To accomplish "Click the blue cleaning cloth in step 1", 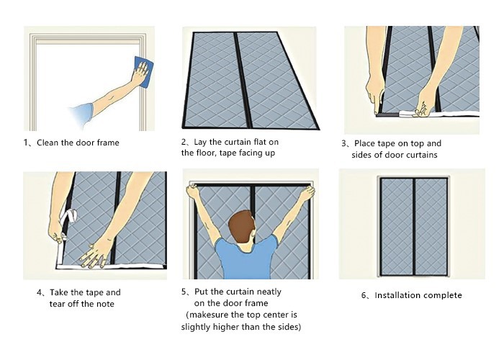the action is (x=143, y=72).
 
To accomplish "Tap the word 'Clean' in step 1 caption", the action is (x=48, y=143).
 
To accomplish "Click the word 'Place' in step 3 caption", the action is (x=365, y=143).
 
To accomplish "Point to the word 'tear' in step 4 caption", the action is (x=57, y=304).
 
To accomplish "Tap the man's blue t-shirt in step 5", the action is (x=246, y=258).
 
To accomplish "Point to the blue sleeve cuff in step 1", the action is (x=82, y=114).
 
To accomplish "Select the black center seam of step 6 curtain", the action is (x=414, y=227).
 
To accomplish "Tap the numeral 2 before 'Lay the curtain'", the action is (x=183, y=142).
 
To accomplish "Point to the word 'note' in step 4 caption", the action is (x=105, y=304).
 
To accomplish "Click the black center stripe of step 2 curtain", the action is (x=243, y=81).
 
